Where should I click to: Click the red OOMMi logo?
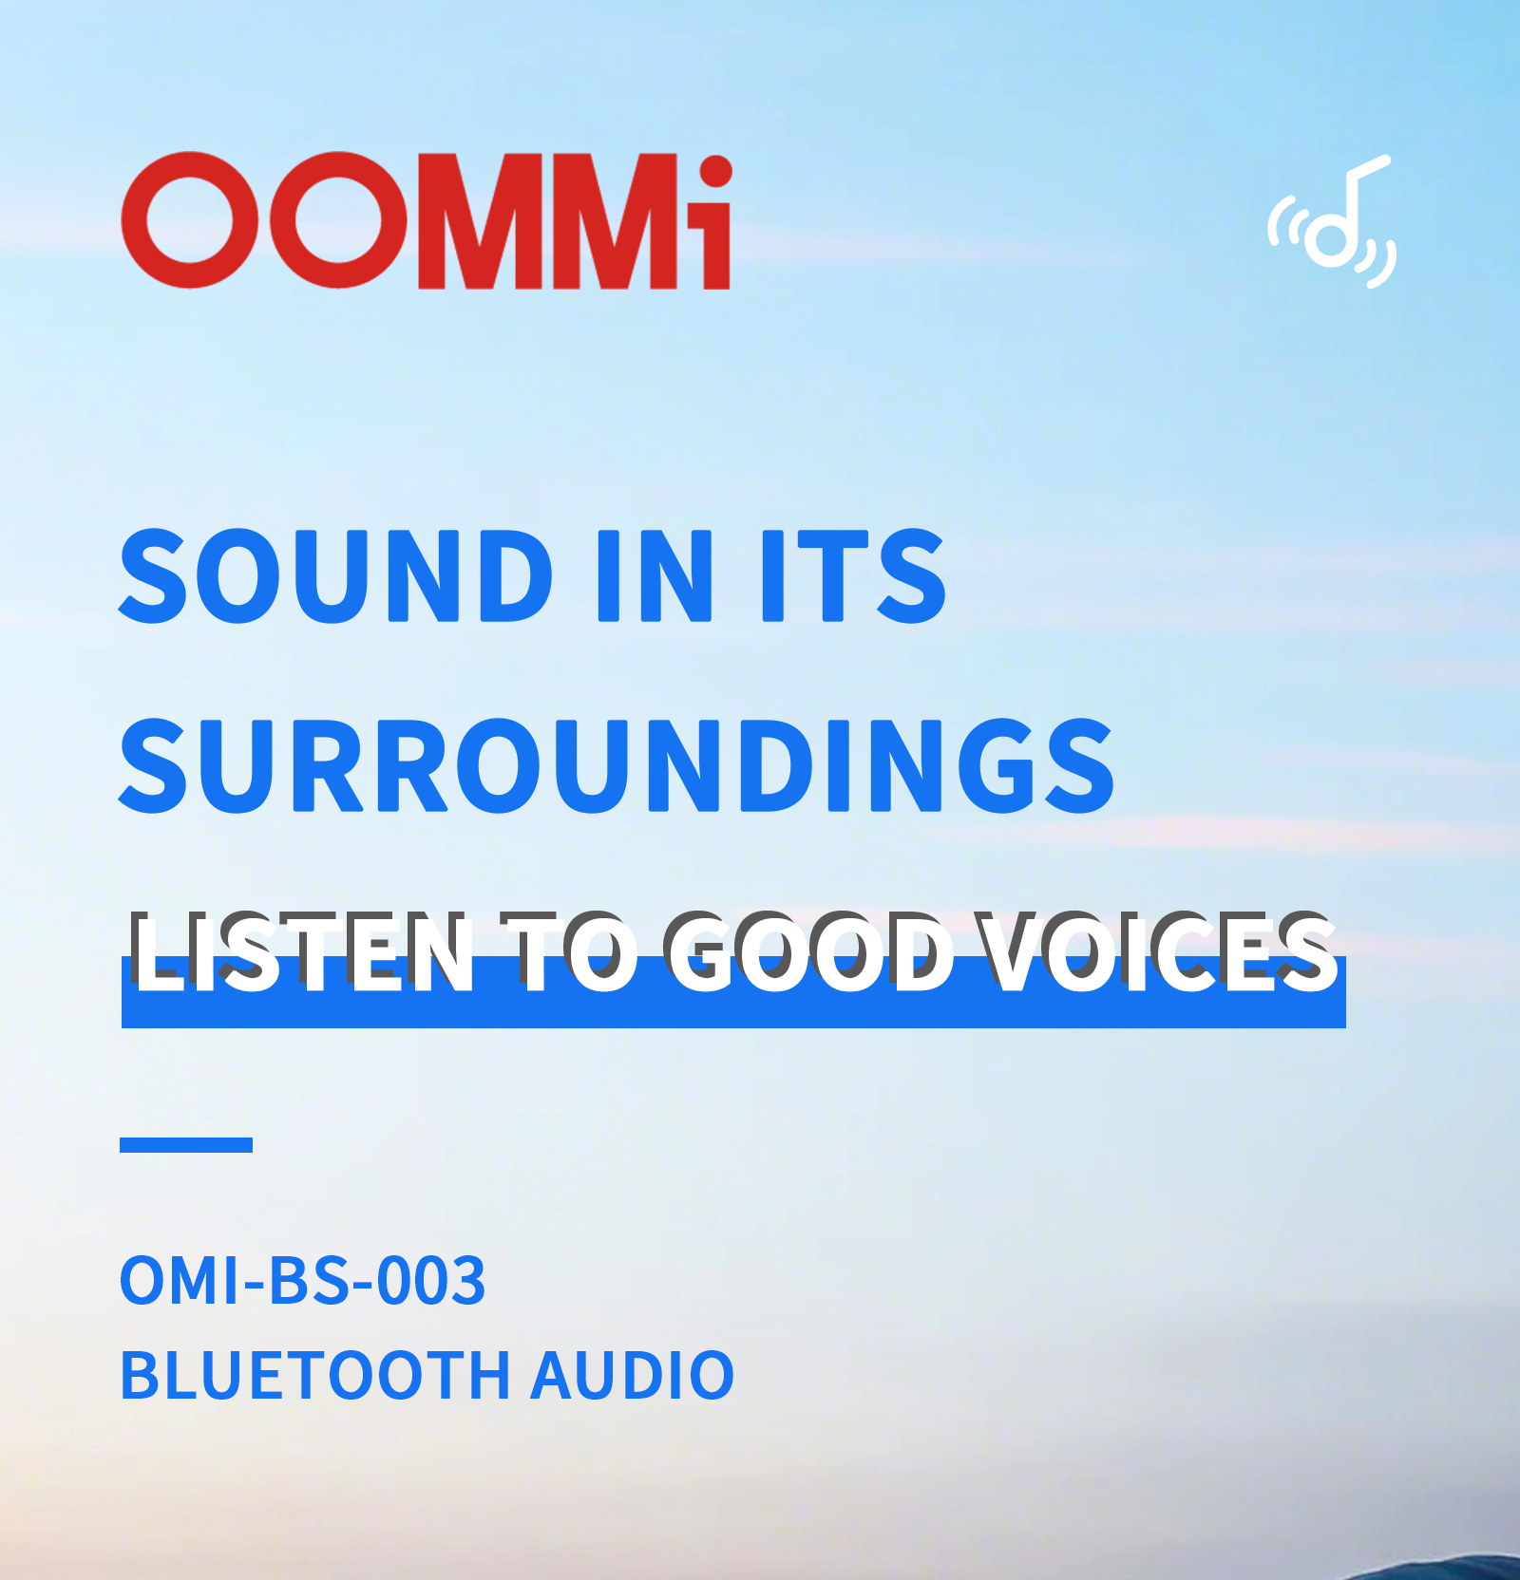click(427, 220)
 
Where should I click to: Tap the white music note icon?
click(1332, 221)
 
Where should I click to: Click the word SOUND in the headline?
click(336, 575)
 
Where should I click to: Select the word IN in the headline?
click(653, 575)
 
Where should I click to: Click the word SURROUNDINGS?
click(617, 765)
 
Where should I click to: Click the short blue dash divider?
click(186, 1144)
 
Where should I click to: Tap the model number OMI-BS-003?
click(302, 1280)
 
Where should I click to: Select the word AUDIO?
click(633, 1375)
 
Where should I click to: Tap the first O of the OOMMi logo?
click(191, 220)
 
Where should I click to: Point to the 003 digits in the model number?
click(431, 1280)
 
